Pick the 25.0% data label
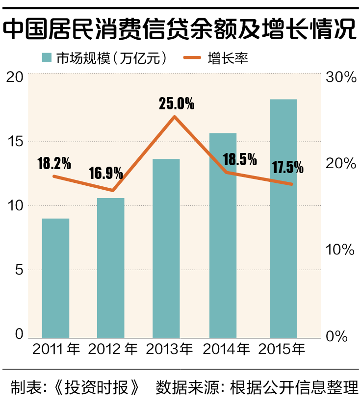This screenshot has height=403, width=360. pos(177,104)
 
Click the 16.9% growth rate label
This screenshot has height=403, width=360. pos(106,174)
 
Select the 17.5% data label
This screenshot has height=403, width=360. pos(287,168)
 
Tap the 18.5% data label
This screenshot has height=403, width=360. pos(240,159)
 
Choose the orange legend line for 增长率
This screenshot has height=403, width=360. pos(193,58)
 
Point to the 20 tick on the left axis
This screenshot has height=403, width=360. pos(15,76)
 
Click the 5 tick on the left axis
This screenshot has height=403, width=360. pos(18,270)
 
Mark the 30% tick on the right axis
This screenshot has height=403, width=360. pos(341,77)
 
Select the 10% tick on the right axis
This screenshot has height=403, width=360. pos(341,250)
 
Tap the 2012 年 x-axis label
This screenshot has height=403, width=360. pos(112,350)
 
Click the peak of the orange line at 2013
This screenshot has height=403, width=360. pos(174,117)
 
